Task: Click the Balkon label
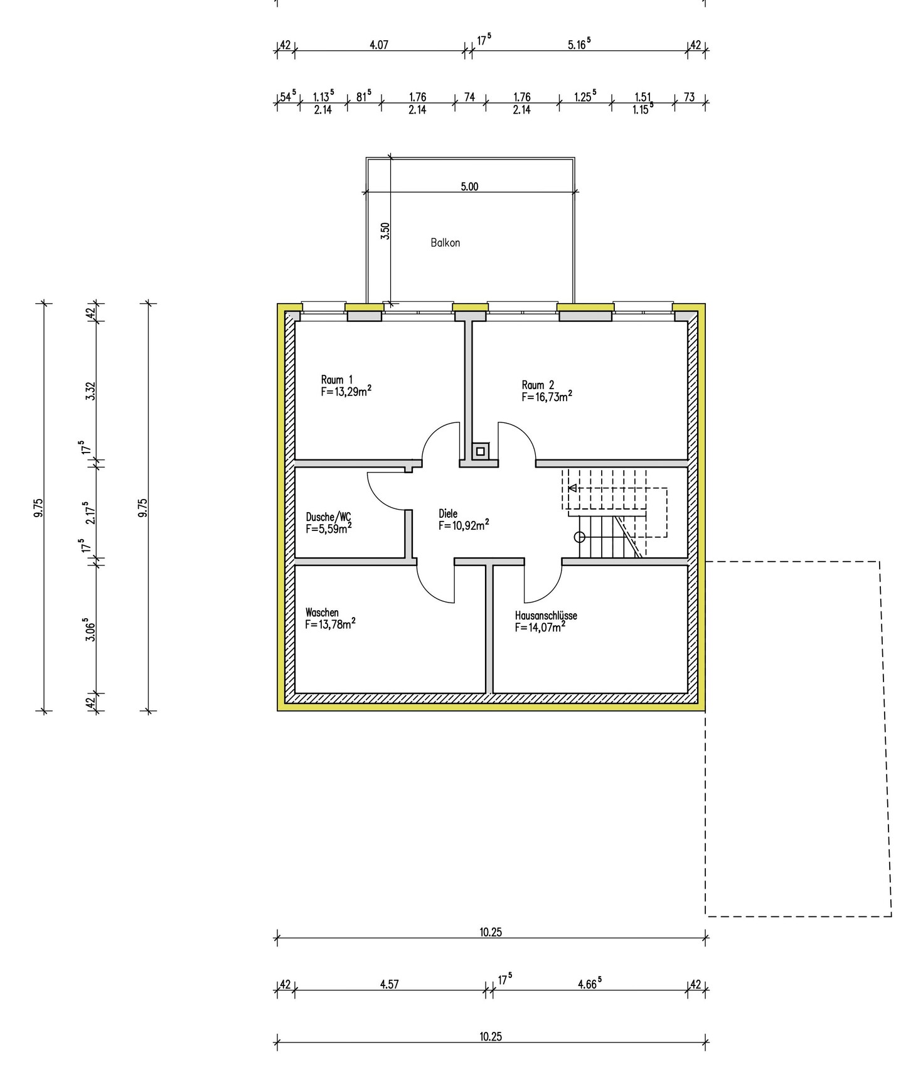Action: [x=445, y=243]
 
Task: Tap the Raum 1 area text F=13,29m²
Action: [x=346, y=392]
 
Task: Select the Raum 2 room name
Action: [x=538, y=385]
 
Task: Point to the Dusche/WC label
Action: [x=328, y=517]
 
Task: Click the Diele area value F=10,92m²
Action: [x=464, y=525]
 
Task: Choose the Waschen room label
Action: [x=322, y=613]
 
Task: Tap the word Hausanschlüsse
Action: [x=546, y=616]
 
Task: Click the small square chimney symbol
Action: [x=481, y=451]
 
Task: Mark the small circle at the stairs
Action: [x=580, y=537]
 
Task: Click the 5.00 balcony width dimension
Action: [x=469, y=186]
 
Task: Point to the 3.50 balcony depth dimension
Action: [x=385, y=231]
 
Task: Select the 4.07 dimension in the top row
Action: [x=379, y=45]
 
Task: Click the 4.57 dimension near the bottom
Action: [x=389, y=984]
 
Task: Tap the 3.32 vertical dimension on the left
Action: [x=91, y=392]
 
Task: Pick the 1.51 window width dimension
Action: [x=642, y=97]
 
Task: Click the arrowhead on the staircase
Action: [x=572, y=488]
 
